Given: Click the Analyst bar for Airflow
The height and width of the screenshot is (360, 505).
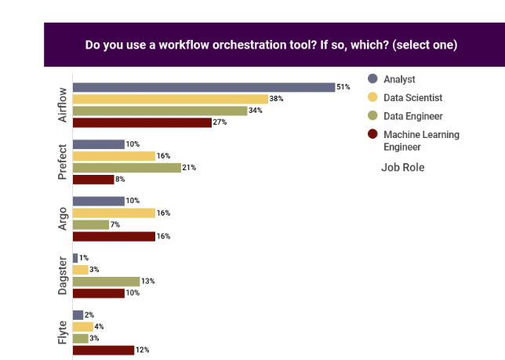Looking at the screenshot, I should pos(204,87).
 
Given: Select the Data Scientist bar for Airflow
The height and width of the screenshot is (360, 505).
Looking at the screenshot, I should pos(170,99).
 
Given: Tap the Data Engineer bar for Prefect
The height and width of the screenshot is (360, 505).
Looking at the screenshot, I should pos(125,168).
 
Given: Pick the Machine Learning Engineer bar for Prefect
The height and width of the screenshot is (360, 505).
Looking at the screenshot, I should pos(93,179).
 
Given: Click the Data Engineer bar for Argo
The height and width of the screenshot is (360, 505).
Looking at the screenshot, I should pos(91,224).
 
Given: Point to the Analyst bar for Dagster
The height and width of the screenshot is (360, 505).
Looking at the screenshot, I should pos(75,258).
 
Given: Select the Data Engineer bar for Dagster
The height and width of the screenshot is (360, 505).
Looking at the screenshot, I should pos(106,282).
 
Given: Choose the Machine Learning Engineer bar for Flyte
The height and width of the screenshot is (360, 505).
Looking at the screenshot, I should pos(104,350).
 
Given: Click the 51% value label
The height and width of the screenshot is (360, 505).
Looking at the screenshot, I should pos(343,87).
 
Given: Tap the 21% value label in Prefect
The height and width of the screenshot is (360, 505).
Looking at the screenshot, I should pos(188,168).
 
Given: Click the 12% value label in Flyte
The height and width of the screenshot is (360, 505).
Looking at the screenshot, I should pos(142,350).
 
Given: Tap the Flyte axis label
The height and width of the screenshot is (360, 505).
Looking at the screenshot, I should pos(63,332).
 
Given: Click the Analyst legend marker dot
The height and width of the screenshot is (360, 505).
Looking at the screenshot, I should pos(372,78).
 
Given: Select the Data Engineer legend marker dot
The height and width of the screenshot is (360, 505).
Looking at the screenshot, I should pos(372,116).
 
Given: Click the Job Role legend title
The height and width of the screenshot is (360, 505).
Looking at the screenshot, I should pos(403,167).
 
